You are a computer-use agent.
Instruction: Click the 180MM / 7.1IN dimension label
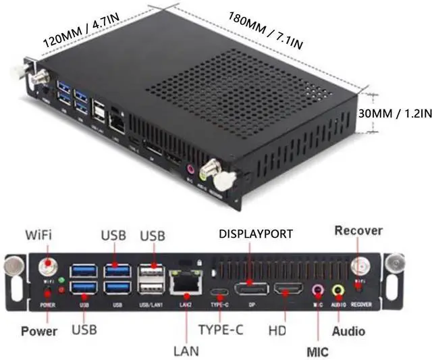point(266,30)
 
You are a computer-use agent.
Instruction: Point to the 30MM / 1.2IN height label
point(395,115)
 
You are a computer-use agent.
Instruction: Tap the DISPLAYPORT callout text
point(256,234)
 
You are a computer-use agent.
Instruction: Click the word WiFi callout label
point(38,235)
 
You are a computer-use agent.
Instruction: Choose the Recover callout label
point(358,231)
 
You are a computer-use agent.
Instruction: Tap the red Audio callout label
point(348,332)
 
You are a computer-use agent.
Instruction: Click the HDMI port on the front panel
point(290,292)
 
